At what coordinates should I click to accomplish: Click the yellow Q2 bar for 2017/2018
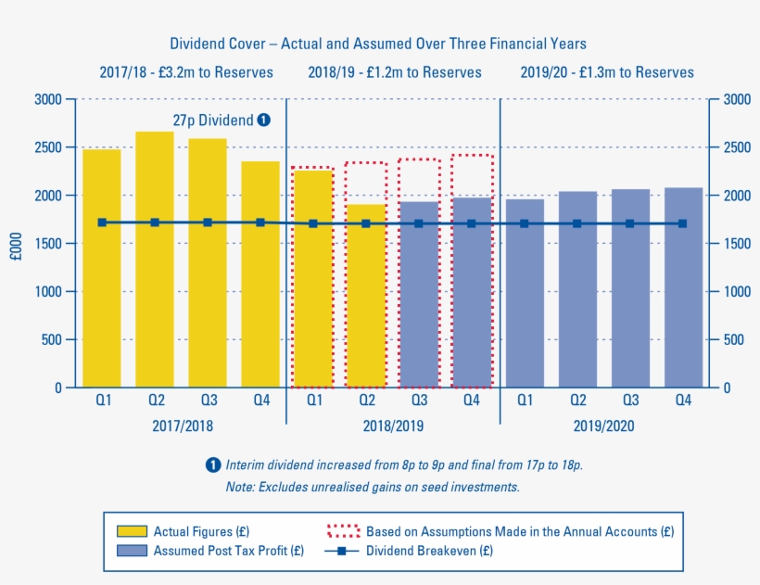click(x=155, y=260)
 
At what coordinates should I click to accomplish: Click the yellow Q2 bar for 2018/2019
click(x=366, y=296)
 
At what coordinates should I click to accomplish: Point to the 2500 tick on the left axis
click(x=48, y=147)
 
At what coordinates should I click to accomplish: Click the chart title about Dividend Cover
click(x=378, y=44)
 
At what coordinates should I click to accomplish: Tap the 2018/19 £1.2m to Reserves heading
click(x=395, y=72)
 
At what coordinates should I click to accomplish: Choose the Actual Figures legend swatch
click(x=131, y=531)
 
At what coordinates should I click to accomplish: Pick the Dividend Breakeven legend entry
click(x=426, y=551)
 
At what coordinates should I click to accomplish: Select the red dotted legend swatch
click(x=343, y=531)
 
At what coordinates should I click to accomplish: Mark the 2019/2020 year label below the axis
click(x=603, y=426)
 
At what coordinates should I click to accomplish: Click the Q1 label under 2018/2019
click(x=314, y=401)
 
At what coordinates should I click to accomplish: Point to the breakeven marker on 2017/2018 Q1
click(x=102, y=223)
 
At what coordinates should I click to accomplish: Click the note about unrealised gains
click(x=373, y=487)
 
